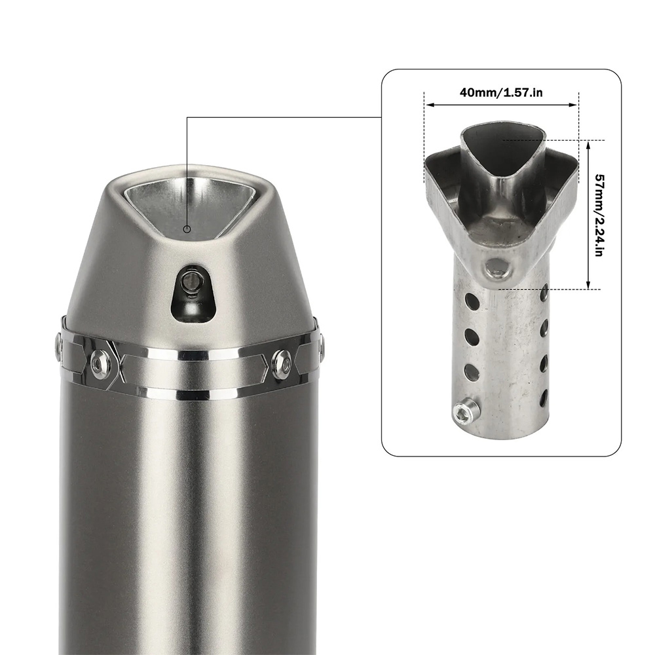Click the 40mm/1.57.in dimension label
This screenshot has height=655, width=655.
(501, 92)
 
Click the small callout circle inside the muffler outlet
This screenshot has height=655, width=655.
(187, 229)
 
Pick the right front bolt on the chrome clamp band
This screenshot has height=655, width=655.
(282, 360)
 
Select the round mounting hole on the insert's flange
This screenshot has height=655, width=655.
(497, 269)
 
